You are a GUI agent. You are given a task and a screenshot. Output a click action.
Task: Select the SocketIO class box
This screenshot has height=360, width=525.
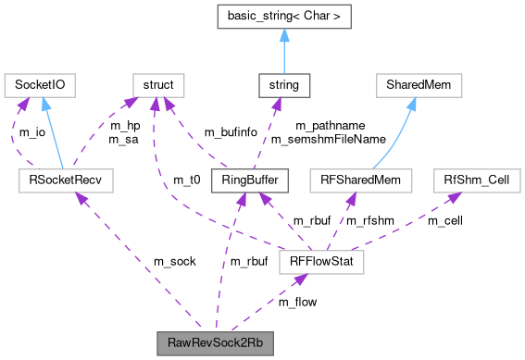click(x=40, y=86)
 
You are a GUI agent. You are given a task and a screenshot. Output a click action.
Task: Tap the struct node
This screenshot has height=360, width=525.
click(x=158, y=86)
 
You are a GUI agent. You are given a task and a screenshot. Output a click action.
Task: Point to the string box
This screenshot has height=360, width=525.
click(x=283, y=86)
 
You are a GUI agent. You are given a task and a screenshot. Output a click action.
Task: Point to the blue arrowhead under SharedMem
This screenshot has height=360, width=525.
click(x=411, y=106)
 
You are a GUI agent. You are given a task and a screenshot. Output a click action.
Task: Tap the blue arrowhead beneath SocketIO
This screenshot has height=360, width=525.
click(x=44, y=106)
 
